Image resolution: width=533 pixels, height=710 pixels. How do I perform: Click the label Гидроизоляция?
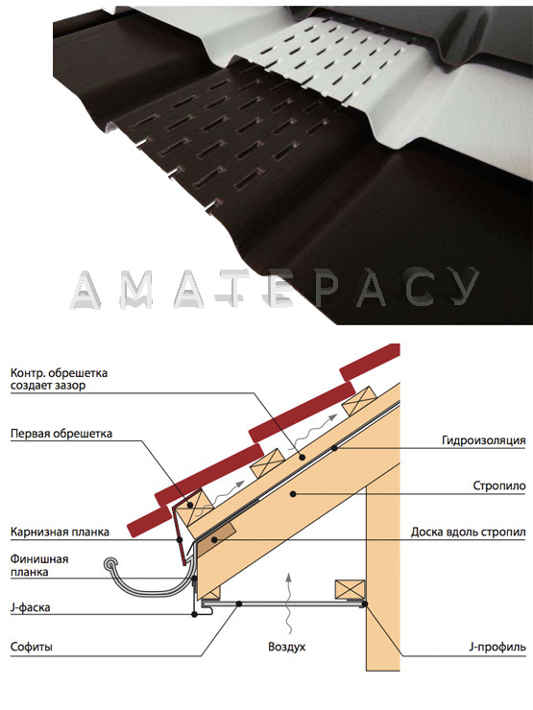pos(484,440)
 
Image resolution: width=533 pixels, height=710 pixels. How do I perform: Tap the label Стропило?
pos(499,485)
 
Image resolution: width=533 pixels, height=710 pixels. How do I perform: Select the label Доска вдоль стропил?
pos(469,532)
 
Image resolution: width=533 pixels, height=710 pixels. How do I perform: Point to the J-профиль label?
pos(497,647)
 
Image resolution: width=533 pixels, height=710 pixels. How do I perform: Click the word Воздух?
pos(286,646)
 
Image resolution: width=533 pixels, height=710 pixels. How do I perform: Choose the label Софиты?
pos(32,647)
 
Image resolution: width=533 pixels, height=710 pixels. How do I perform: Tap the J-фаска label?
pos(30,607)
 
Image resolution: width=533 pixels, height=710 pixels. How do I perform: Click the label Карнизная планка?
pos(60,532)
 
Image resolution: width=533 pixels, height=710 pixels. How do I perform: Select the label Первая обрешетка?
pos(61,434)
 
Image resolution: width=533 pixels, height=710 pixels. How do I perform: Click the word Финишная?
pos(39,558)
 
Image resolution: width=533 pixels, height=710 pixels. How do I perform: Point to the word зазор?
pos(73,386)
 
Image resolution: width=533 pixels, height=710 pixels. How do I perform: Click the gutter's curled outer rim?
pos(110,565)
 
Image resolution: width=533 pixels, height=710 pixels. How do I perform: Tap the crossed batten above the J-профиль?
pos(350,590)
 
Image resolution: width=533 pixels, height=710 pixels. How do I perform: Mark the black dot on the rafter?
pos(294,493)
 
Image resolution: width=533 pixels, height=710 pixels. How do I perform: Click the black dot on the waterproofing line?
pos(335,448)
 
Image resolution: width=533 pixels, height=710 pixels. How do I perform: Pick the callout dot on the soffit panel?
pos(238,603)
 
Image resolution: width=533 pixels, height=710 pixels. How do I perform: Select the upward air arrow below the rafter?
pos(287,603)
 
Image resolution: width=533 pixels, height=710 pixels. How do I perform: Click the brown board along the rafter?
pos(218,535)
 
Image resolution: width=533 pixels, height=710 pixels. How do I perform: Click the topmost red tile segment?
pos(370,363)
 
